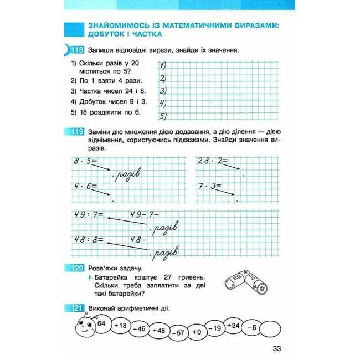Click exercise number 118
[76, 50]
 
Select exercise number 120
[76, 268]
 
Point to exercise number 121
[76, 308]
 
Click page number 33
[277, 348]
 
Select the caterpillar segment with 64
[101, 323]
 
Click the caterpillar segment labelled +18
[120, 326]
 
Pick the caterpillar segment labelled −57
[178, 332]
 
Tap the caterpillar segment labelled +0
[197, 331]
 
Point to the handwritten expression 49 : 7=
[86, 215]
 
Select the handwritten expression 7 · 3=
[210, 186]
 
